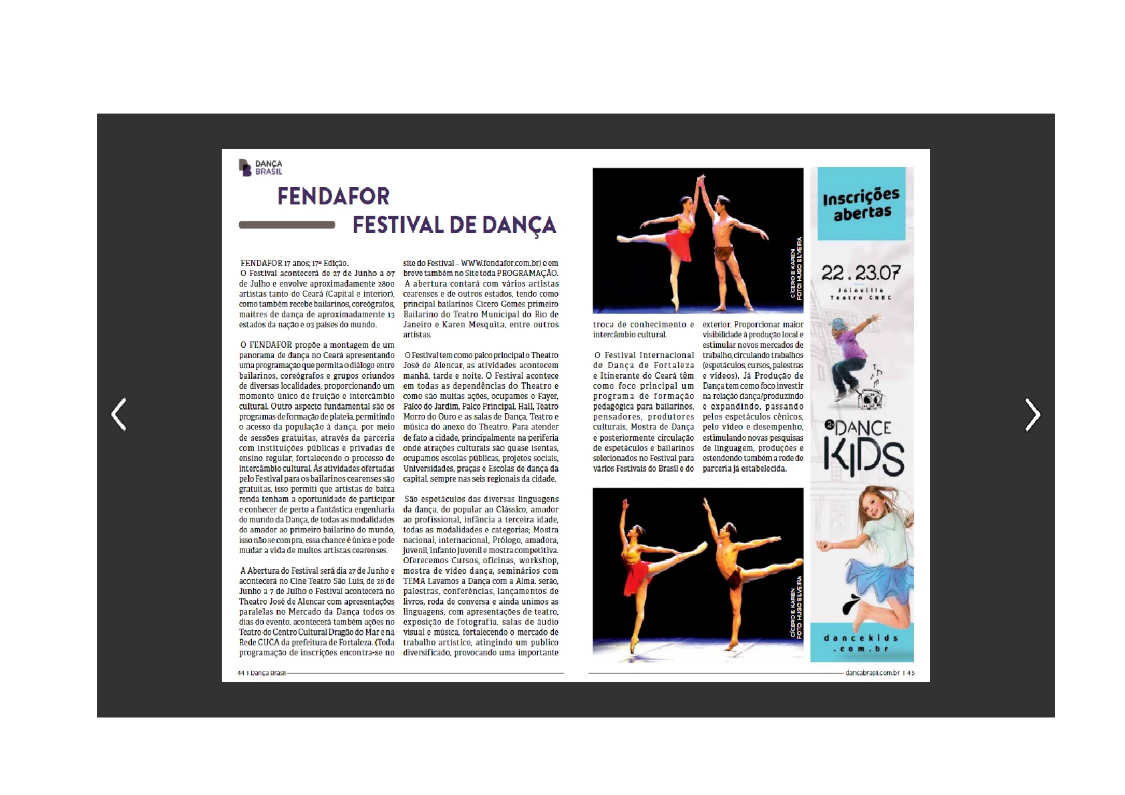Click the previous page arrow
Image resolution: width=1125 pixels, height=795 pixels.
click(x=119, y=414)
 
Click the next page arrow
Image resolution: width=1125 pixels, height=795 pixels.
click(x=1032, y=415)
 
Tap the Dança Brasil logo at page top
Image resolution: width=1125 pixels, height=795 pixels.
click(x=261, y=168)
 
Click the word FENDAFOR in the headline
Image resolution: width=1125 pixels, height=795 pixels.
click(x=333, y=196)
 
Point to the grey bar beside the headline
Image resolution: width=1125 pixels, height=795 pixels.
click(x=287, y=225)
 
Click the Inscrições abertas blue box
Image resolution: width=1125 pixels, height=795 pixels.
click(x=861, y=204)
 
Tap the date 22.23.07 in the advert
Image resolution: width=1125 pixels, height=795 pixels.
click(x=860, y=273)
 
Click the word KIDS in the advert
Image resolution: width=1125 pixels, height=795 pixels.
click(x=864, y=458)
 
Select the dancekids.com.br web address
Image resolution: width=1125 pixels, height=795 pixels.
click(x=861, y=643)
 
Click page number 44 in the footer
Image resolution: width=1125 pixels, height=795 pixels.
click(x=240, y=673)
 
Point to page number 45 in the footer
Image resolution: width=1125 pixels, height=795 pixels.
click(x=911, y=673)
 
